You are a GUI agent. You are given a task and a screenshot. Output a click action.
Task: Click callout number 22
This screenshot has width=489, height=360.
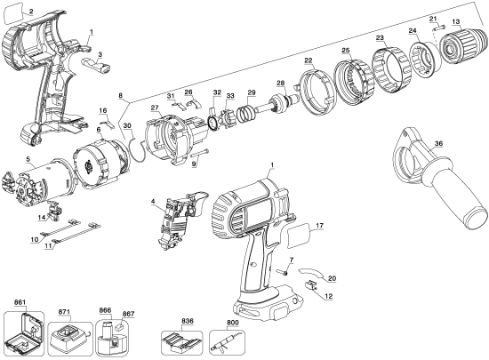[x=309, y=60]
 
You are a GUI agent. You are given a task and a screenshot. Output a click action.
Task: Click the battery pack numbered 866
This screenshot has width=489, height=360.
[x=106, y=338]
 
